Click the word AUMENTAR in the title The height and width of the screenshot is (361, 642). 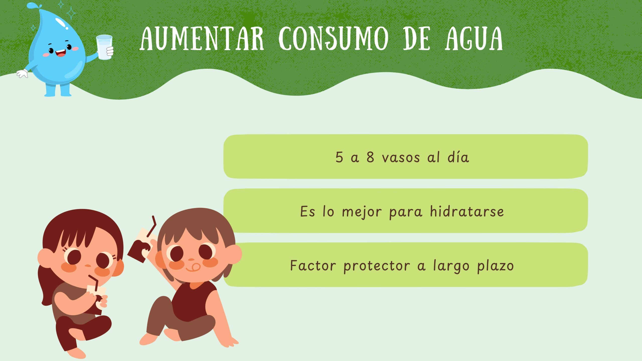click(x=202, y=39)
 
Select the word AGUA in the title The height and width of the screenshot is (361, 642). click(x=474, y=39)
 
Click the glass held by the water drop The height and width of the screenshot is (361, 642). click(x=104, y=47)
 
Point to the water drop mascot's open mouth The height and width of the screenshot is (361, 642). click(x=60, y=53)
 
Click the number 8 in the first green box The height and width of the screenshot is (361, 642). click(x=370, y=157)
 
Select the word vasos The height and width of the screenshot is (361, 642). click(x=401, y=158)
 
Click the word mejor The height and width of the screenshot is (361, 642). click(x=362, y=212)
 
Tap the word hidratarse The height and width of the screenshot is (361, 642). click(x=467, y=211)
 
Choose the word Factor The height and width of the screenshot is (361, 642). click(x=313, y=265)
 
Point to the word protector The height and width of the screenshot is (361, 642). click(x=376, y=266)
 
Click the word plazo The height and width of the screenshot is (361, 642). click(x=495, y=266)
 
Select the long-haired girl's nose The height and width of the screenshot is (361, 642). click(x=88, y=266)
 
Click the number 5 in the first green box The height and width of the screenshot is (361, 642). click(x=339, y=157)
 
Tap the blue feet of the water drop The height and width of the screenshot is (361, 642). click(x=58, y=91)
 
